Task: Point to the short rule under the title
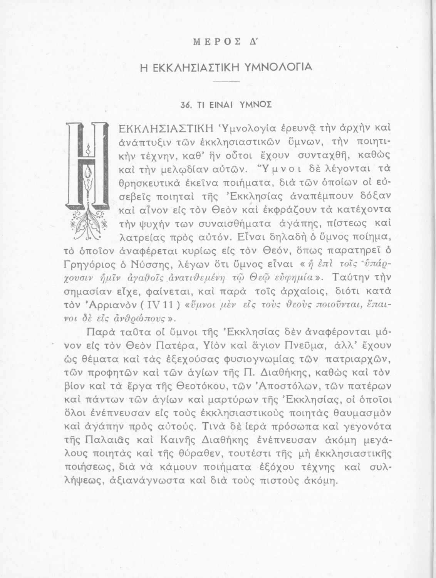(x=226, y=82)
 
